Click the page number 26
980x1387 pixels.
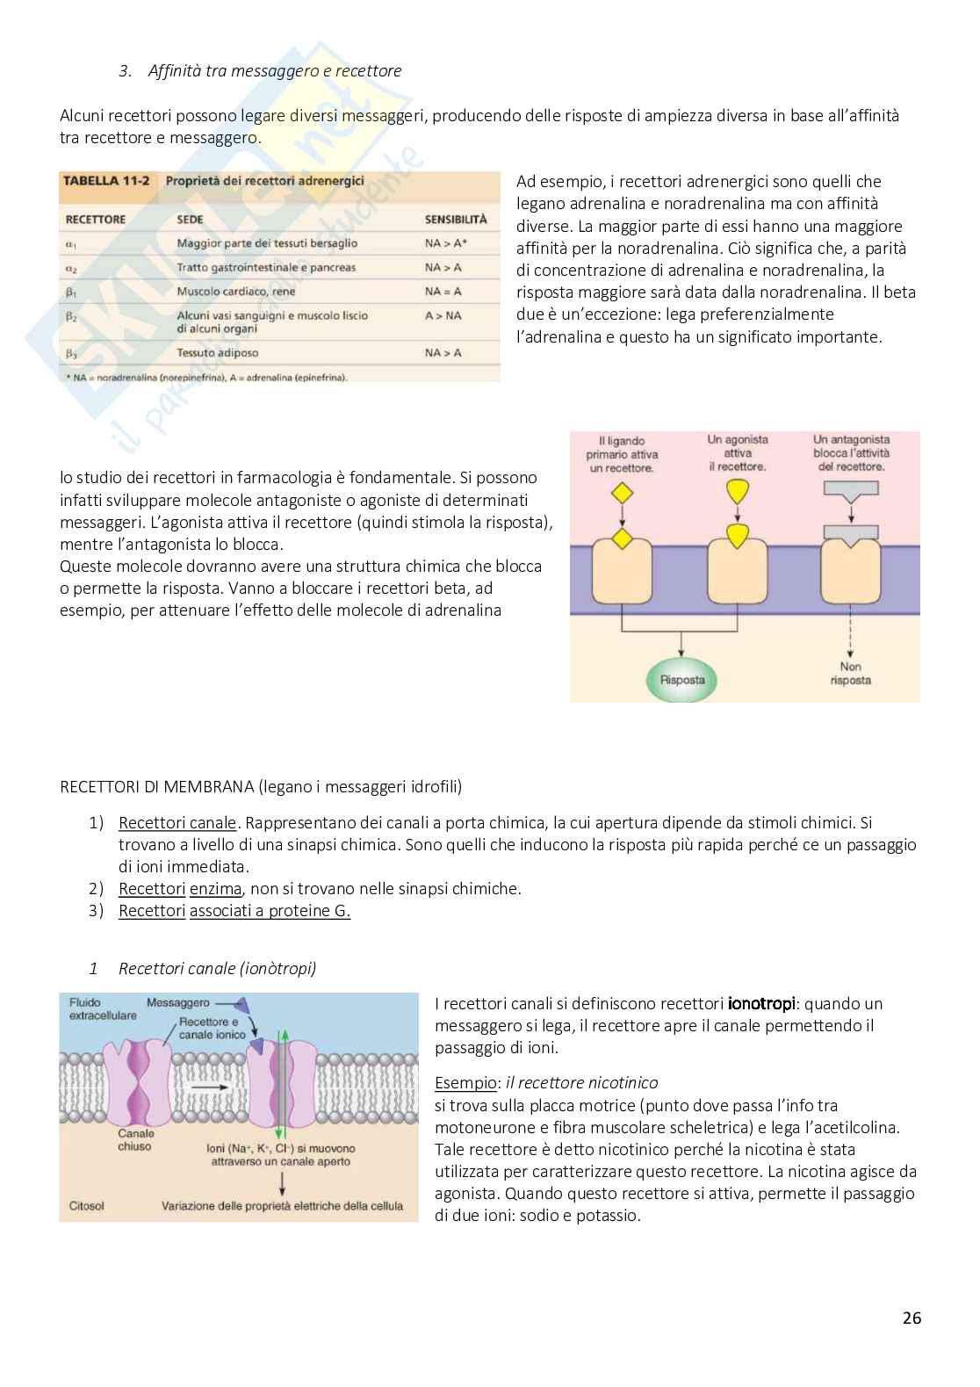pos(912,1318)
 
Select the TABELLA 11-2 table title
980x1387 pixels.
pos(105,182)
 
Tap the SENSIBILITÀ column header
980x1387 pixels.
pos(456,220)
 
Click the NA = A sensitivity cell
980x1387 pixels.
pos(443,292)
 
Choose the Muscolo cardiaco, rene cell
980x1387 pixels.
pos(236,292)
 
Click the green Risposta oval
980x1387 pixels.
pos(682,679)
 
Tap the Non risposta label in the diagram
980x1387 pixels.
pos(850,674)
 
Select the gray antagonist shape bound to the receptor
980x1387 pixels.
pos(850,532)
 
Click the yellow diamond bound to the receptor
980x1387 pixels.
pos(622,538)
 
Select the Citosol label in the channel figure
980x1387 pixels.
pos(86,1206)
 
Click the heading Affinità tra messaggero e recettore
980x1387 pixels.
pos(275,71)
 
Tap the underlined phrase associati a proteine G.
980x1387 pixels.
pos(270,911)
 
